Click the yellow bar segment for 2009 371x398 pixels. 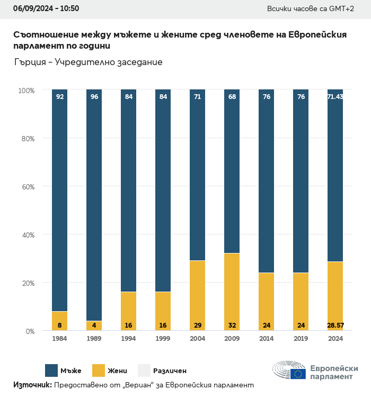click(x=232, y=292)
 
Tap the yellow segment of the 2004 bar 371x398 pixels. click(x=197, y=295)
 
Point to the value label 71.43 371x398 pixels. click(x=335, y=97)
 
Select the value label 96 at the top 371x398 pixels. click(x=94, y=97)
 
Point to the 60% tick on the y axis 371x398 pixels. click(x=26, y=187)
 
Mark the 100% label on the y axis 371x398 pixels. click(x=25, y=91)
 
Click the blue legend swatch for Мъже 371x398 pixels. click(x=51, y=370)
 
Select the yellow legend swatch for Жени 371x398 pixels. click(x=99, y=370)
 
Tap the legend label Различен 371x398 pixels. click(x=170, y=371)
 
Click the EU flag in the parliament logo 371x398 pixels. click(x=298, y=374)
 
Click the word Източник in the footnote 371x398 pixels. click(x=32, y=385)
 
